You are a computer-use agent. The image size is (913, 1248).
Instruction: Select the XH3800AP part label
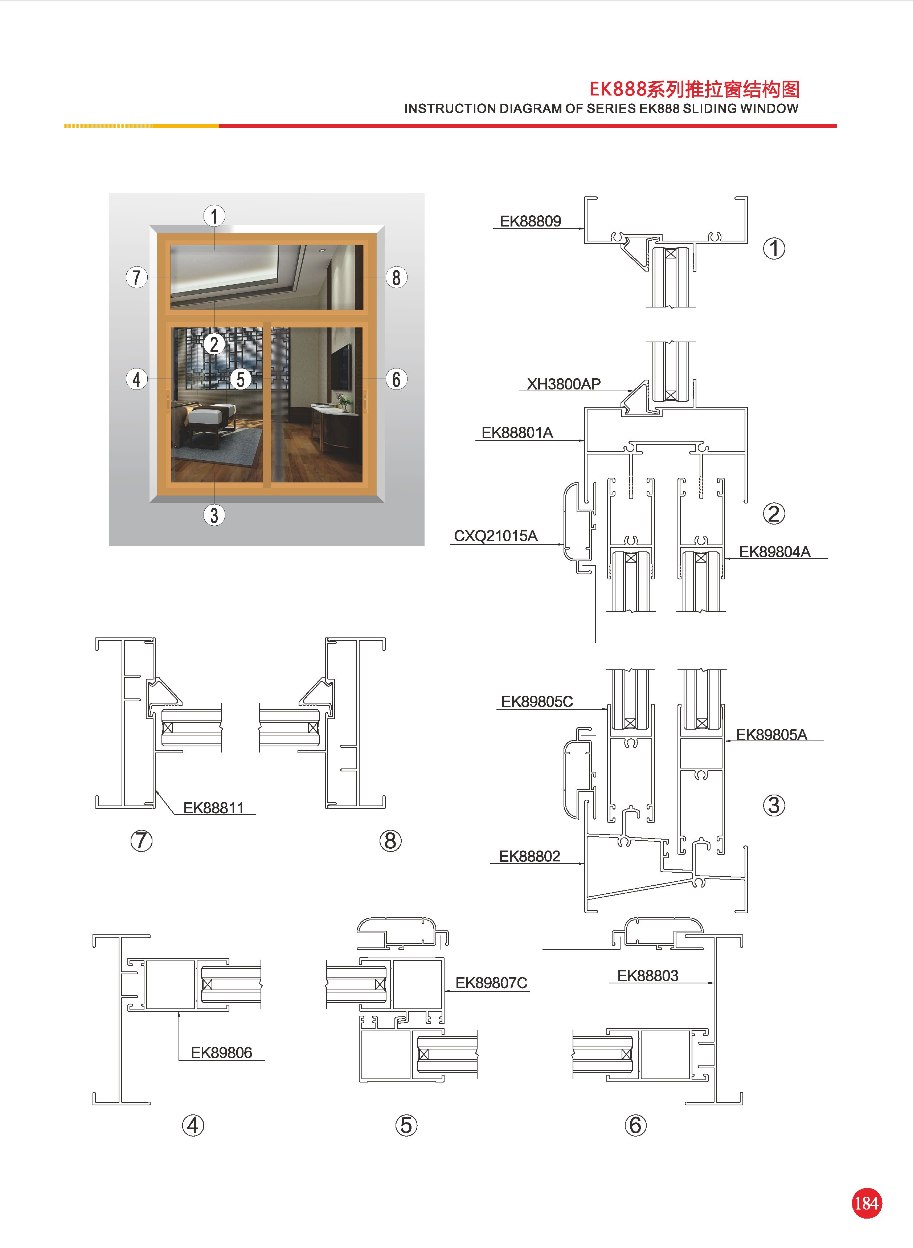tap(563, 384)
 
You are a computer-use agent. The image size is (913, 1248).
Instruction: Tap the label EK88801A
tap(517, 432)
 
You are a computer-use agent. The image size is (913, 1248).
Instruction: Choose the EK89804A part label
tap(774, 552)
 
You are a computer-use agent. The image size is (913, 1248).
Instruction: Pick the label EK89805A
tap(771, 735)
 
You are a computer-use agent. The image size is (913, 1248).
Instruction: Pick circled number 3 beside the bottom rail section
tap(774, 805)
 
